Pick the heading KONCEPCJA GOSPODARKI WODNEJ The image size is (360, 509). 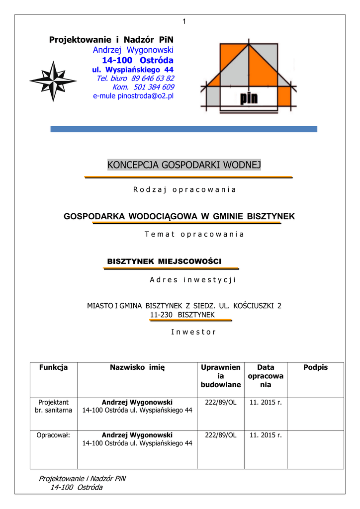(184, 165)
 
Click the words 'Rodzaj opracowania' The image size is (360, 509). (184, 189)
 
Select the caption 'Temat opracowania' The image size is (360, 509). (194, 234)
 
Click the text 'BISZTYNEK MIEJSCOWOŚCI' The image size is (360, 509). (164, 261)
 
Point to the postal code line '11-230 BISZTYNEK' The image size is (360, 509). (182, 315)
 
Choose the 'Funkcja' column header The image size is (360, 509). (54, 367)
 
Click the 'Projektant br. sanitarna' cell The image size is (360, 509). (54, 406)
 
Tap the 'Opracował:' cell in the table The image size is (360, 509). (54, 435)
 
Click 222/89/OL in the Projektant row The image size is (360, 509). (220, 402)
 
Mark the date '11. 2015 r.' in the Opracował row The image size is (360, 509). (266, 435)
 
